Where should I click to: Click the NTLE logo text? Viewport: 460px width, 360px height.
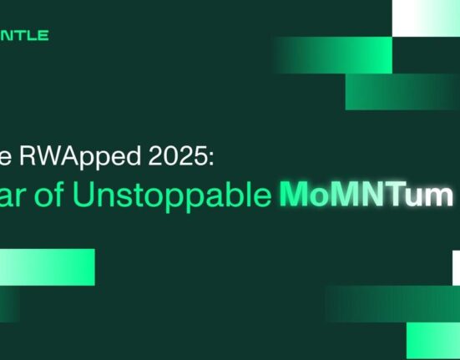click(25, 36)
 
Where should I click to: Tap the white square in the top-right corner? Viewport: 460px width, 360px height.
click(426, 18)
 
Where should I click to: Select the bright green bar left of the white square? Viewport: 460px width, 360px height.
click(334, 55)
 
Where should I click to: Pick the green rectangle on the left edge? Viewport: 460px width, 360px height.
click(47, 266)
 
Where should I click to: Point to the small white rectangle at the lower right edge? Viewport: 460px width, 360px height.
click(456, 267)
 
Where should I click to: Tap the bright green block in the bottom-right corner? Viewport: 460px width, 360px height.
click(433, 341)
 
